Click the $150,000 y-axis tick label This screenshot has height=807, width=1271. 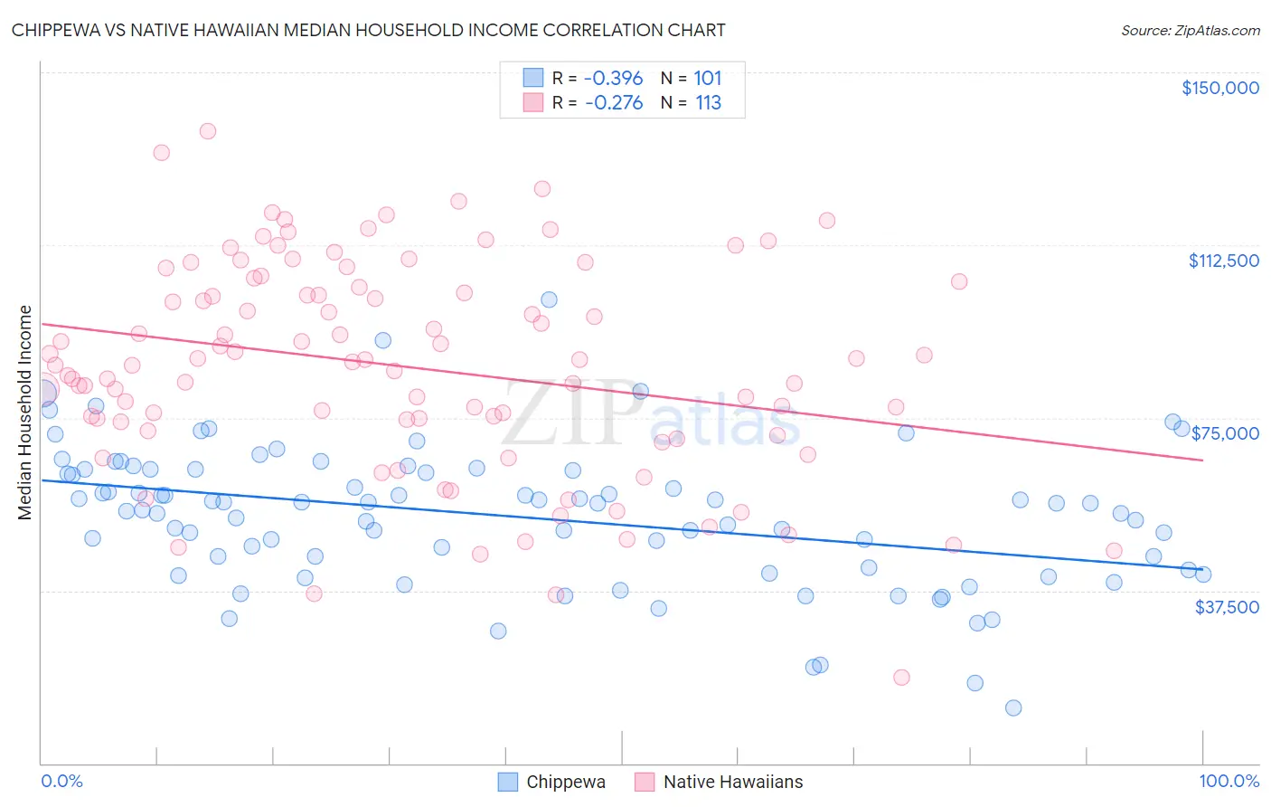[x=1219, y=88]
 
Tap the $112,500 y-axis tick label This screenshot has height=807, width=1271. [x=1223, y=261]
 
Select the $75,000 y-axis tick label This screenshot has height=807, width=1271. [x=1225, y=433]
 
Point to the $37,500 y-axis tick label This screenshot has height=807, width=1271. [x=1227, y=607]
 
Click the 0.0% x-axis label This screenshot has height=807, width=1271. [x=61, y=781]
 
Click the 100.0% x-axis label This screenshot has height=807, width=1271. [x=1229, y=781]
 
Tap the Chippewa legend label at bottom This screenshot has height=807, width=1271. [x=566, y=782]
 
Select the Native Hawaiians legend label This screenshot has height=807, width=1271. [x=732, y=782]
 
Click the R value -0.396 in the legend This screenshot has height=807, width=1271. [x=613, y=78]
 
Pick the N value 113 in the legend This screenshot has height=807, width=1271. [x=708, y=103]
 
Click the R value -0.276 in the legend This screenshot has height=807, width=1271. [x=613, y=103]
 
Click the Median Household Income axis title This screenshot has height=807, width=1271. [x=25, y=413]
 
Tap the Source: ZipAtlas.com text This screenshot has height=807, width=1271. [x=1190, y=30]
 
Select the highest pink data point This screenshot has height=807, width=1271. [x=207, y=131]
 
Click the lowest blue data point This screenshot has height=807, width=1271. [x=1013, y=707]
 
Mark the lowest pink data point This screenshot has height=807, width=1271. [x=901, y=678]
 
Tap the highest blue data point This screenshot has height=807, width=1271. [x=549, y=299]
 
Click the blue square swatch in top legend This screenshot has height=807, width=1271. [x=533, y=78]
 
